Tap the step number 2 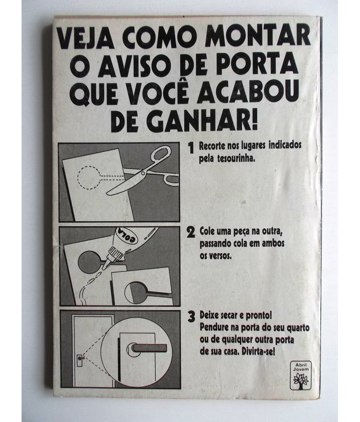coord(191,233)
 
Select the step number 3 coord(191,317)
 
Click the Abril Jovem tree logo coord(301,375)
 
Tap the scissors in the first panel coord(142,170)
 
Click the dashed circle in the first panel coord(89,177)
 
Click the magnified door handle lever coord(149,348)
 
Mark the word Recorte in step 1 coord(212,146)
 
